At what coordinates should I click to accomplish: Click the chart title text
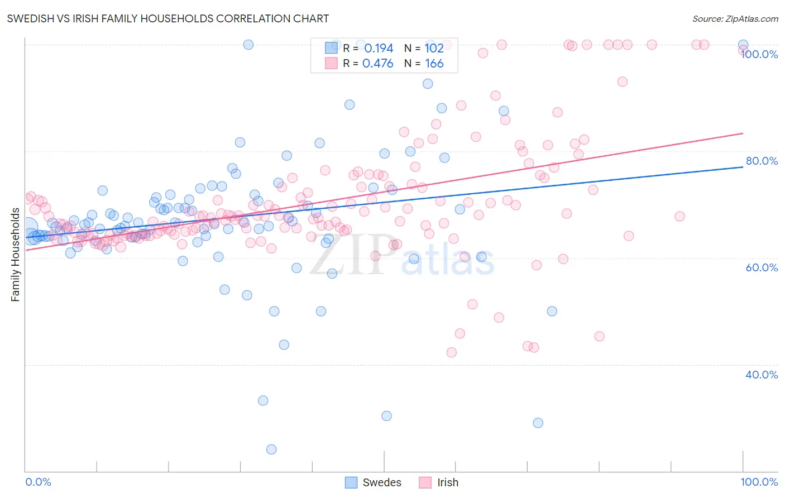pos(167,18)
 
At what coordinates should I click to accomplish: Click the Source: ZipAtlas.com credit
pos(735,18)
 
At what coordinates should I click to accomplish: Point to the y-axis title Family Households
pos(16,255)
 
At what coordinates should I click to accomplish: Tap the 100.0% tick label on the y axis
pos(759,54)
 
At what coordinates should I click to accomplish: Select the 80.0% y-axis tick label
pos(762,161)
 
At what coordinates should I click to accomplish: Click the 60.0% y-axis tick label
pos(762,267)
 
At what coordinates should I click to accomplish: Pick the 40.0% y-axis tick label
pos(762,375)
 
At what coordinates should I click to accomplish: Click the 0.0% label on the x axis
pos(38,482)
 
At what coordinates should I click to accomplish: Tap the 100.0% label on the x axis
pos(759,482)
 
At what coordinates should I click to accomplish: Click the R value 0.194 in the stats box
pos(379,48)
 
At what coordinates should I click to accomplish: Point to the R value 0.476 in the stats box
pos(378,64)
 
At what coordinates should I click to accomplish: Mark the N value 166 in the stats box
pos(434,64)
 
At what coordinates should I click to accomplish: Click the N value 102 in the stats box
pos(434,48)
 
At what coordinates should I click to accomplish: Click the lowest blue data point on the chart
pos(271,449)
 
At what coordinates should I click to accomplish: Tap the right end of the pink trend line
pos(743,133)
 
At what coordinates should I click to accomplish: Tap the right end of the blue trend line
pos(743,167)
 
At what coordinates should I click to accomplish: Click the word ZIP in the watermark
pos(349,255)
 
